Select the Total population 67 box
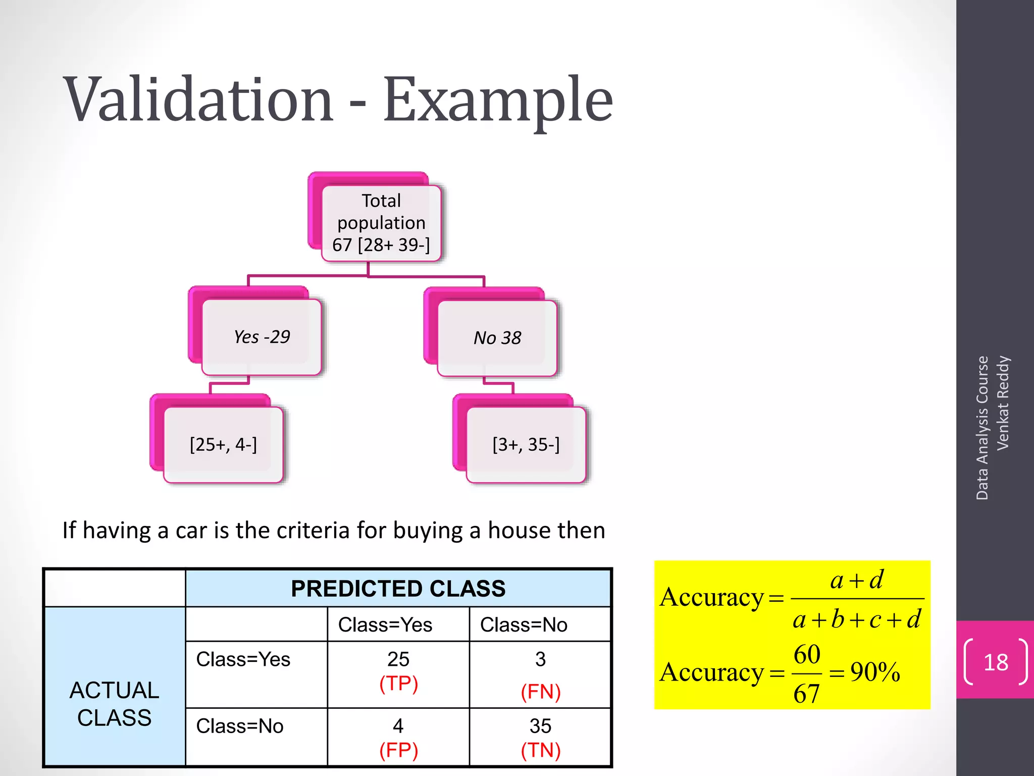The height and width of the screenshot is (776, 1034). click(381, 223)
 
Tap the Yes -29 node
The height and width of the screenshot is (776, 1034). click(262, 336)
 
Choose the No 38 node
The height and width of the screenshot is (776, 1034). click(497, 337)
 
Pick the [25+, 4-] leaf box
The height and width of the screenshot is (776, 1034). click(223, 445)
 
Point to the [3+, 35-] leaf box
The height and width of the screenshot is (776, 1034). click(526, 445)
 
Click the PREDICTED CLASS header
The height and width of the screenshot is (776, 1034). click(398, 589)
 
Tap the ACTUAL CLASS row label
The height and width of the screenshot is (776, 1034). click(115, 704)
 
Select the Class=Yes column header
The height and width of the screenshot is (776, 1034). click(385, 625)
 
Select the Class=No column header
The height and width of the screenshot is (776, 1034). click(524, 625)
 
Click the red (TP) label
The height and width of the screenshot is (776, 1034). click(398, 684)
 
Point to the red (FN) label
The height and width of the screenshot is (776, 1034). click(541, 692)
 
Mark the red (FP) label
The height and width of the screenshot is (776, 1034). click(398, 750)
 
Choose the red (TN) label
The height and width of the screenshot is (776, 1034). click(541, 750)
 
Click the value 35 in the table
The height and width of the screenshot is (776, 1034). click(540, 726)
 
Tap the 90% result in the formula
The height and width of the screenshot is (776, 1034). click(875, 672)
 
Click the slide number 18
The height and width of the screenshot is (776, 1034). click(996, 662)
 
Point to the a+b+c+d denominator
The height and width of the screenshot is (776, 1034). click(857, 619)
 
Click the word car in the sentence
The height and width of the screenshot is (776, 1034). click(191, 530)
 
